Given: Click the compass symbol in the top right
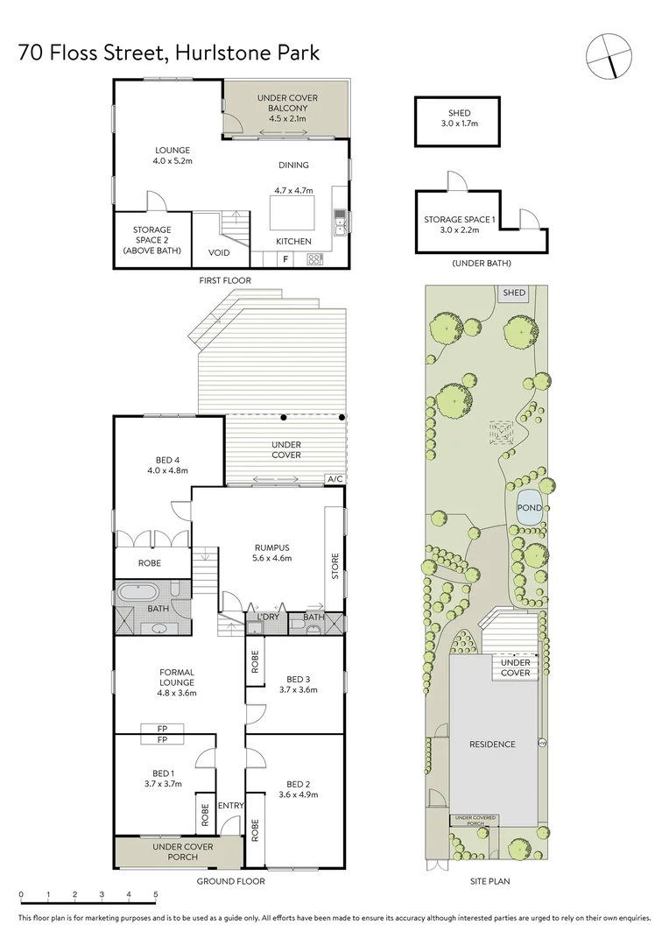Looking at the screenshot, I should pyautogui.click(x=609, y=55).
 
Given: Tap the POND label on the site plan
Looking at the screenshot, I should pyautogui.click(x=529, y=508).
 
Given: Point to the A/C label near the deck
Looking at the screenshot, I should pyautogui.click(x=334, y=479).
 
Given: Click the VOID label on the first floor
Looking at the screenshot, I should pyautogui.click(x=219, y=252).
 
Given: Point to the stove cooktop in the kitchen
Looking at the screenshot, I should pyautogui.click(x=314, y=258).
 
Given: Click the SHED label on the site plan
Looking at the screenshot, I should pyautogui.click(x=513, y=293).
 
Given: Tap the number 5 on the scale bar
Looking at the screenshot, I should pyautogui.click(x=156, y=894).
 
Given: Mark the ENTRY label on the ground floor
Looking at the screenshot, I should pyautogui.click(x=231, y=806).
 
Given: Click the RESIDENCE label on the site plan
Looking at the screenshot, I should pyautogui.click(x=493, y=745).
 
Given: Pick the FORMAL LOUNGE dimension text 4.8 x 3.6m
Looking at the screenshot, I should pyautogui.click(x=177, y=693).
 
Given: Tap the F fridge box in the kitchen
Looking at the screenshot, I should pyautogui.click(x=285, y=258).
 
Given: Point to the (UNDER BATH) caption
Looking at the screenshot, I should pyautogui.click(x=481, y=263).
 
